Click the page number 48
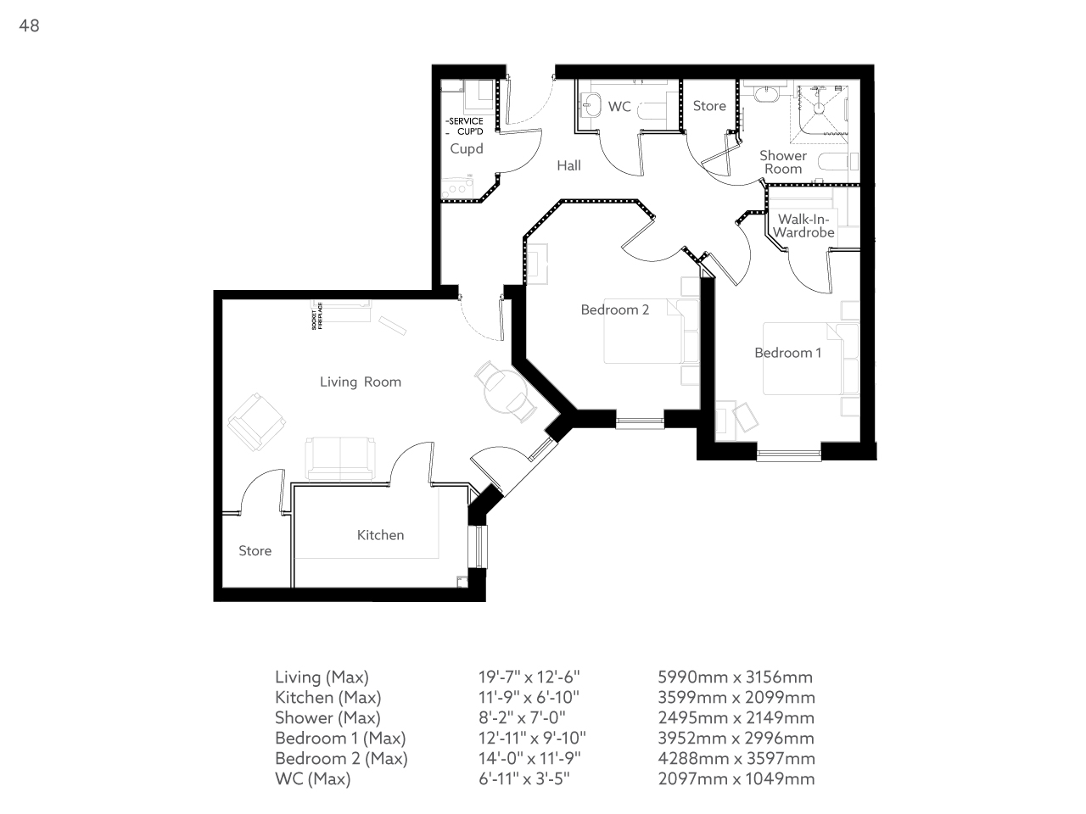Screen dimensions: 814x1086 29,25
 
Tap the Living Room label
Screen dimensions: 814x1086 360,382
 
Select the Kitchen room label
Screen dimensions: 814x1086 380,535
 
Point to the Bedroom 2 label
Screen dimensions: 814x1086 614,309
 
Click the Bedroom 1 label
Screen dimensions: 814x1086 787,353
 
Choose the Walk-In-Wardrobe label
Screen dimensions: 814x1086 803,226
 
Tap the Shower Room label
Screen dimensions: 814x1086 782,162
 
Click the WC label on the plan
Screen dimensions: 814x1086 619,107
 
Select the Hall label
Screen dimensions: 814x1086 568,165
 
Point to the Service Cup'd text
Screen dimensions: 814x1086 465,126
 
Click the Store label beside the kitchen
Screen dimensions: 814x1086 255,551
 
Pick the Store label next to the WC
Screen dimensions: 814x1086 709,106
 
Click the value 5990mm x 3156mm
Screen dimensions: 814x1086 735,677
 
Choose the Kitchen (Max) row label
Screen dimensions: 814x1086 327,697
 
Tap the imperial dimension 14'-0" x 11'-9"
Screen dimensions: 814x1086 530,758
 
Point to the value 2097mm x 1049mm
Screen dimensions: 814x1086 736,778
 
